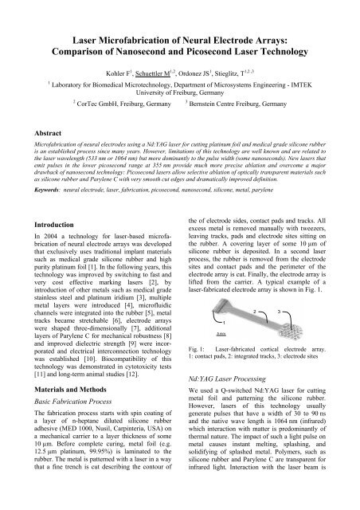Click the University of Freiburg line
click(179, 92)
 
